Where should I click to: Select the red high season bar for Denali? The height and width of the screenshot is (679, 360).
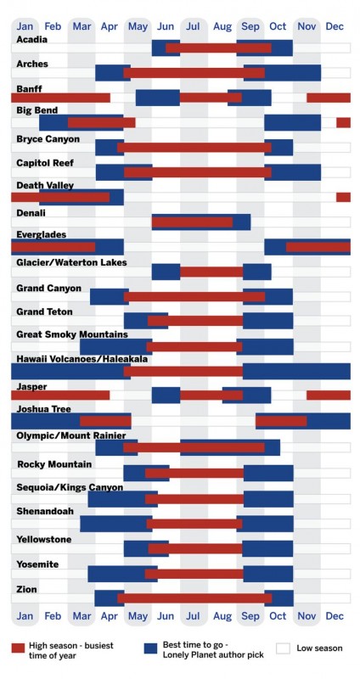192,222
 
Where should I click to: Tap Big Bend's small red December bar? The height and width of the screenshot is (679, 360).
343,122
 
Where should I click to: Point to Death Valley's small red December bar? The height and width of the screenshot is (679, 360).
343,197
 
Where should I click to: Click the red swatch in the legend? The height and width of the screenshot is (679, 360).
19,648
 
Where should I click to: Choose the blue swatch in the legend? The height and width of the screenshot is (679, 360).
151,648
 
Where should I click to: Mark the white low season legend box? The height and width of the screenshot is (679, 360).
284,648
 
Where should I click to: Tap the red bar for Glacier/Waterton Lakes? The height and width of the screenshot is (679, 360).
211,272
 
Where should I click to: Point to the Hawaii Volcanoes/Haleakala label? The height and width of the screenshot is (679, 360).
82,359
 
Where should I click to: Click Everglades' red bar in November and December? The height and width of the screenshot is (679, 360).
318,247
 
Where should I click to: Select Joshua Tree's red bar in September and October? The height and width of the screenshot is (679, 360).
281,421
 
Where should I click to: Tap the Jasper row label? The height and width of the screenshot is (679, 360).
30,386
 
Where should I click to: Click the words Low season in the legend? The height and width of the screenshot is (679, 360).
319,648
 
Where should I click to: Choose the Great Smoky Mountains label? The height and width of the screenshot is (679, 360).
72,334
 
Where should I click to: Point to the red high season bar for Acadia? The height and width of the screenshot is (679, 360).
218,48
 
